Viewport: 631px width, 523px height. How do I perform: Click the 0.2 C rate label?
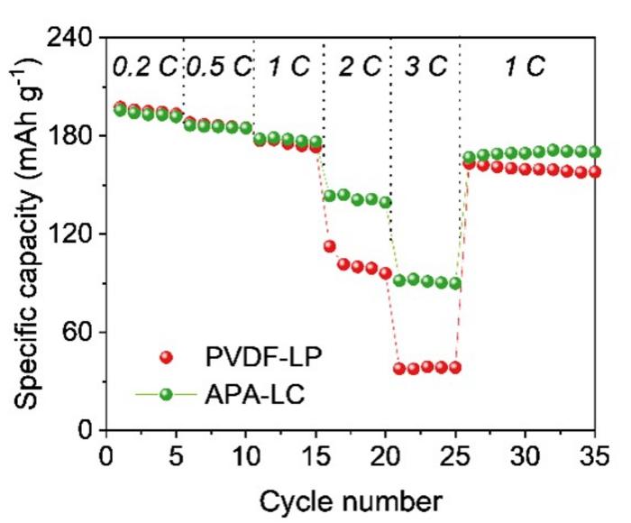[145, 66]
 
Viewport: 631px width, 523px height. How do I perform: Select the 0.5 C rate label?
[219, 66]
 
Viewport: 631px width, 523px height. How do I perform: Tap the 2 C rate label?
[356, 66]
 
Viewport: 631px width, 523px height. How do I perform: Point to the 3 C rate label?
[425, 66]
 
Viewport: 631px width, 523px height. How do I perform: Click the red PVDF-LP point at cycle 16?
[330, 246]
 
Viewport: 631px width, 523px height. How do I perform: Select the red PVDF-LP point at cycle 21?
[399, 368]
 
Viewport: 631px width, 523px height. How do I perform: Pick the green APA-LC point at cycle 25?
[455, 283]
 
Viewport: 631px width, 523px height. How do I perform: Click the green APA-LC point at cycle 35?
[594, 151]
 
